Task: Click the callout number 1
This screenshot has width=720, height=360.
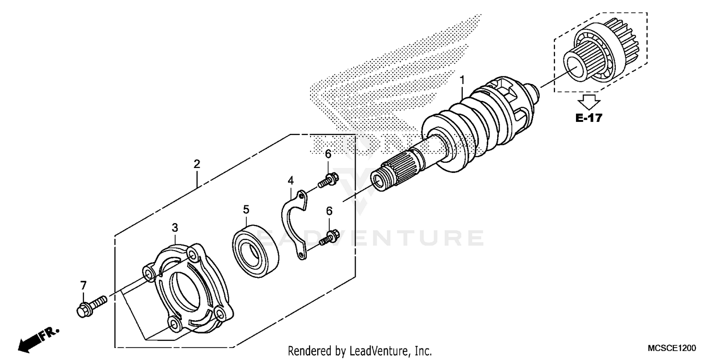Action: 462,79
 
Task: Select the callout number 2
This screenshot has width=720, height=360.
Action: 197,164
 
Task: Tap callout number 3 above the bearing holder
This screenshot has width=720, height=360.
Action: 175,227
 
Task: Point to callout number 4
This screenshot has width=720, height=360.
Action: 290,180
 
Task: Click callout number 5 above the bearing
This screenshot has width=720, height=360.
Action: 246,209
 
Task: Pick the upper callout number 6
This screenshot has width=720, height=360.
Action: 328,154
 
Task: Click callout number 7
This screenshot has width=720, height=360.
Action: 84,285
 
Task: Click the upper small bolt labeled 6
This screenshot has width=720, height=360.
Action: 329,180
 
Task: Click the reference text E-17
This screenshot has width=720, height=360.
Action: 588,118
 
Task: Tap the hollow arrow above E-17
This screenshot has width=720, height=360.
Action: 588,101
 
